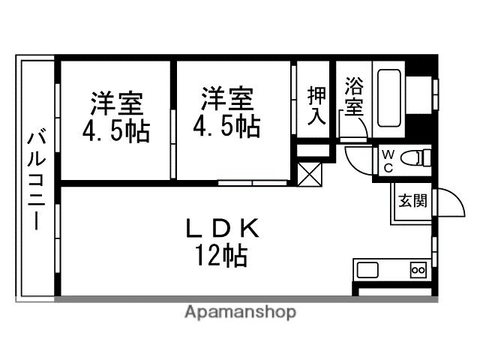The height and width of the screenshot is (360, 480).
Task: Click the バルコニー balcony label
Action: (x=34, y=180)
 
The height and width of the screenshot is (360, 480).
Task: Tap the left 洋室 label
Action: (x=116, y=101)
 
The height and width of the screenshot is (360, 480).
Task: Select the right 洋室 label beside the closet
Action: (x=226, y=98)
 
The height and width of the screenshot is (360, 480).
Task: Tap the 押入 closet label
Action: (x=316, y=105)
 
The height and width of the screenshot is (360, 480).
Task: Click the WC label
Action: (x=388, y=160)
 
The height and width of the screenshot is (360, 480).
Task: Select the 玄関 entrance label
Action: (x=412, y=200)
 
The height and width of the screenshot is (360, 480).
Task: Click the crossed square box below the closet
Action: (x=309, y=175)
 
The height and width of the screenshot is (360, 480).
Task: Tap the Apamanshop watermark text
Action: (x=240, y=312)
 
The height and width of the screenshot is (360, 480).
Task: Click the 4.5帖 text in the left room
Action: (x=116, y=130)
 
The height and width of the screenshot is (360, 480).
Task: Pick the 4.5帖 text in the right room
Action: (x=226, y=125)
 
